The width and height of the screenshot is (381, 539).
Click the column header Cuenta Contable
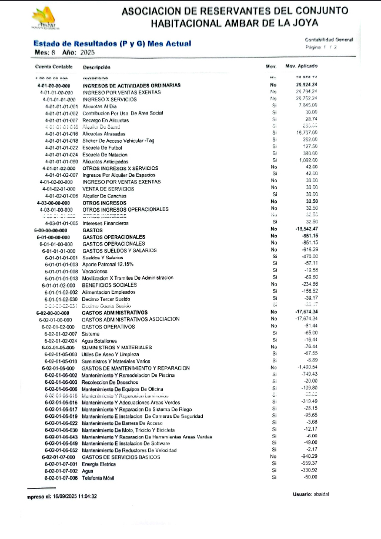(54, 67)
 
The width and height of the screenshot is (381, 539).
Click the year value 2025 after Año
(86, 53)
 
